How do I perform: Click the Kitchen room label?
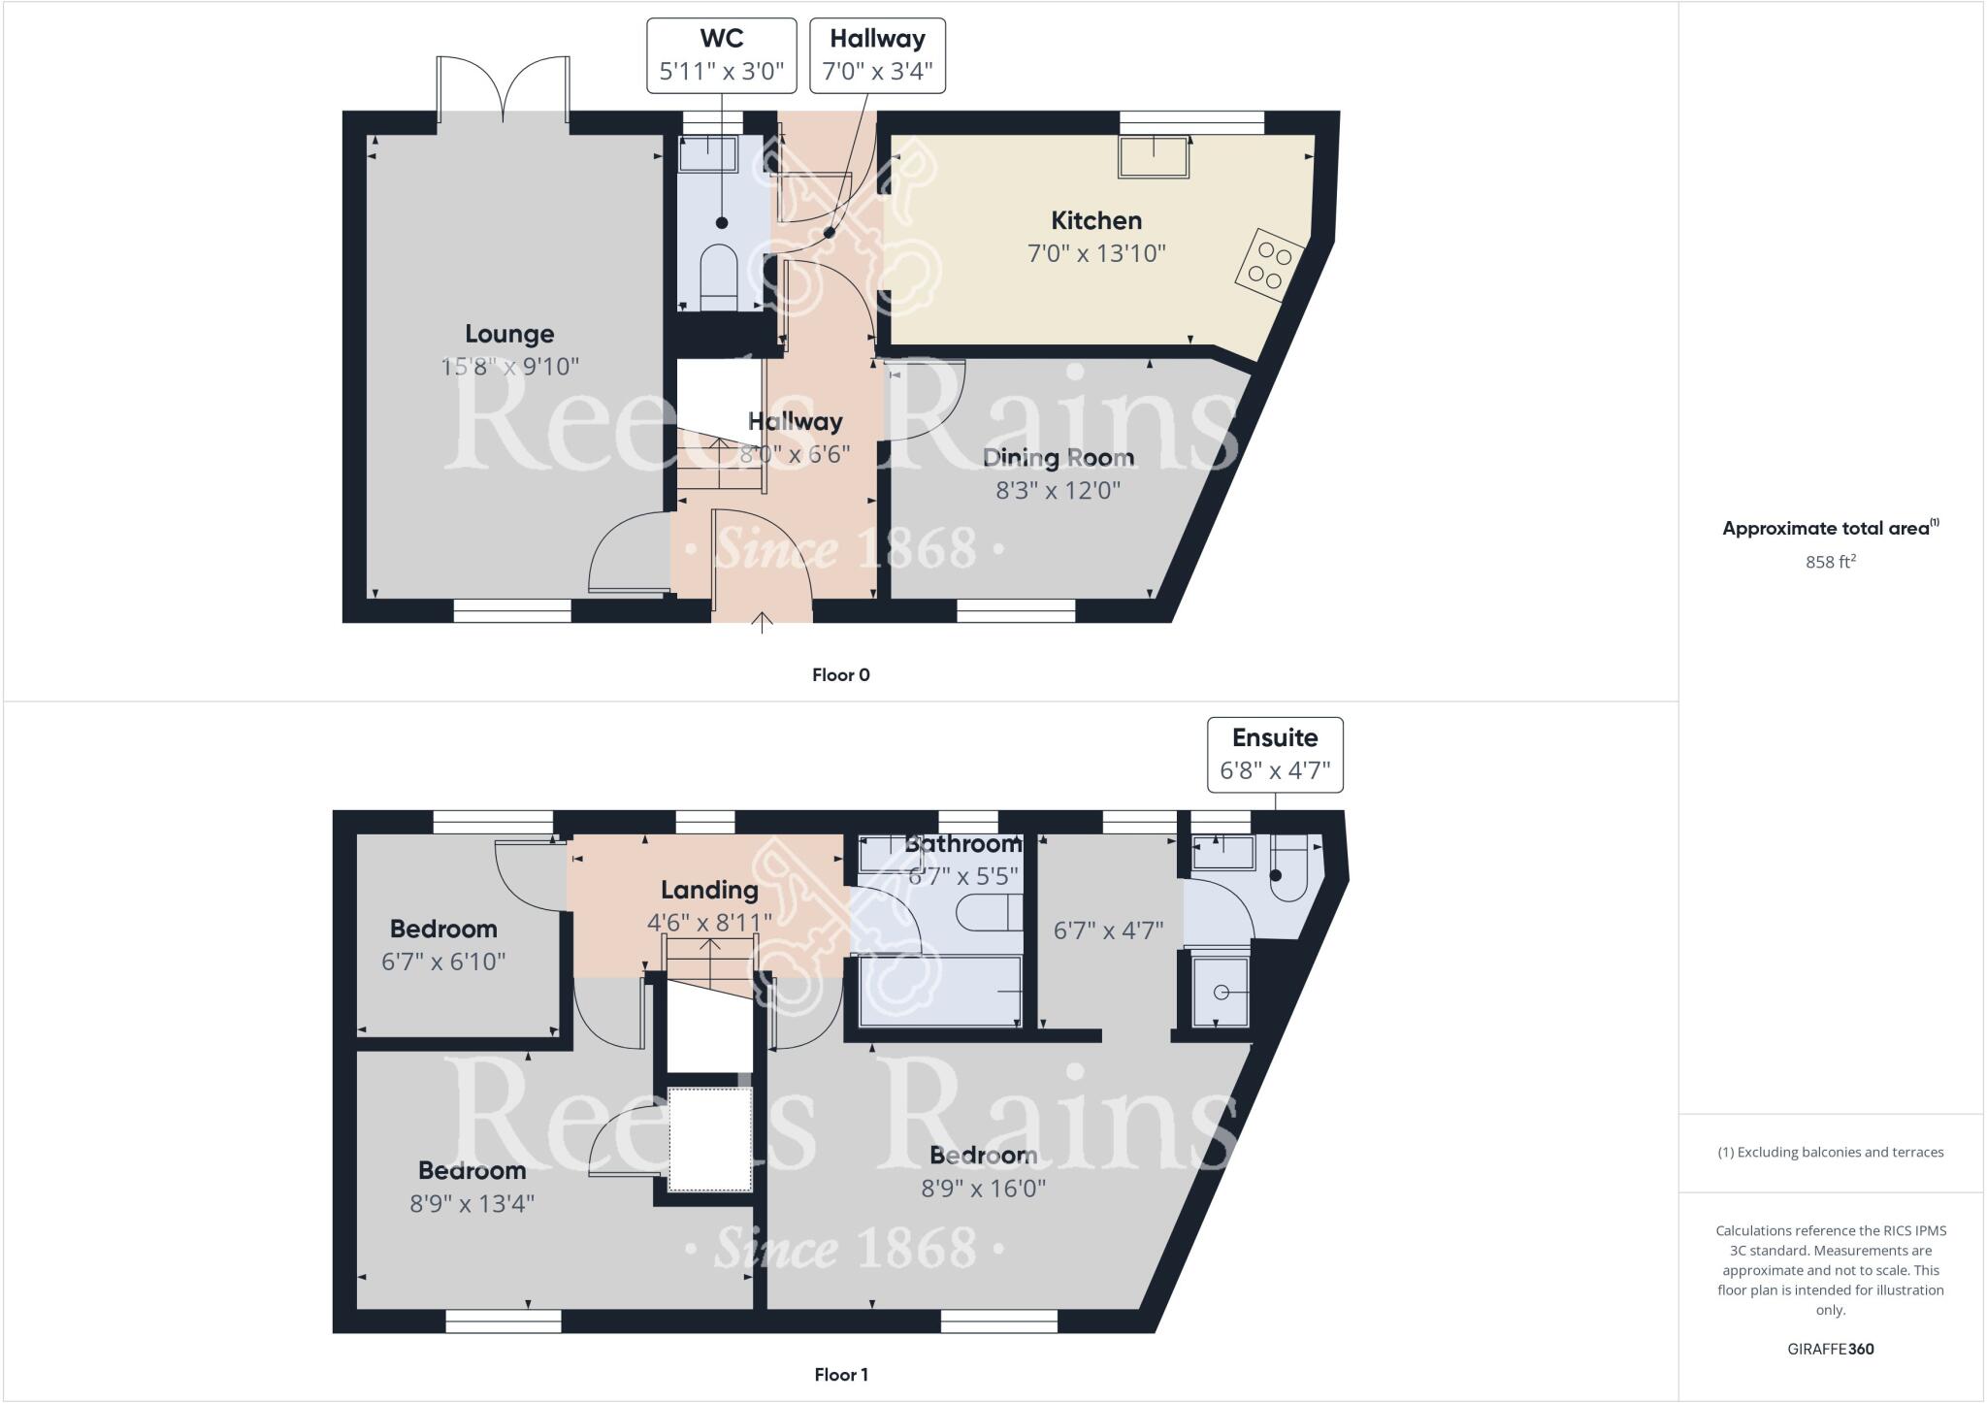[1096, 220]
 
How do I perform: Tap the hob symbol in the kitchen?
[1268, 266]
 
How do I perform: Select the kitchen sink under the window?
[1154, 157]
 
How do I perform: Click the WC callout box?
[722, 55]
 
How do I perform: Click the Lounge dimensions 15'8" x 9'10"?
[509, 367]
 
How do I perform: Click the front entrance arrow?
[762, 622]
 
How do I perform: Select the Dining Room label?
[1059, 457]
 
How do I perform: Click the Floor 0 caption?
[841, 675]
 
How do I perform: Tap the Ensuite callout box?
[1275, 754]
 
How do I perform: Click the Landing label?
[709, 890]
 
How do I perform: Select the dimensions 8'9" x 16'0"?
[983, 1189]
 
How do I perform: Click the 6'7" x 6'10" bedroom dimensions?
[443, 962]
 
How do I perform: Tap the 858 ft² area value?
[1830, 562]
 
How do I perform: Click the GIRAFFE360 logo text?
[1830, 1349]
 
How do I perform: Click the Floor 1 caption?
[841, 1374]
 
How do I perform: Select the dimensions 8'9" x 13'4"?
[472, 1203]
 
